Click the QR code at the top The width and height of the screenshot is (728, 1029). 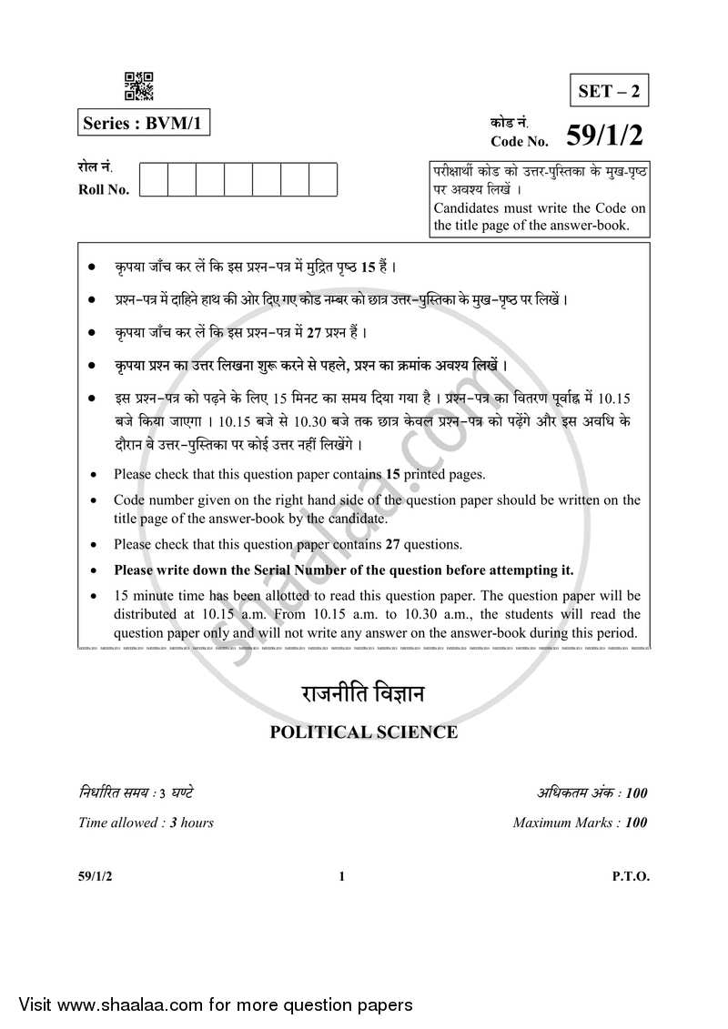(139, 86)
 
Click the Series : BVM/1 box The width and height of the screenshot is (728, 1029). (145, 122)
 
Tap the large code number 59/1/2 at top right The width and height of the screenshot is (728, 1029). (604, 136)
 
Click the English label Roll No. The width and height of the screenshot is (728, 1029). (104, 189)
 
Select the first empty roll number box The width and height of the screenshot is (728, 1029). (154, 179)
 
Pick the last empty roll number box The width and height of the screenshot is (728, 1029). (323, 179)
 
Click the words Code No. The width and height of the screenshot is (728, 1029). (520, 141)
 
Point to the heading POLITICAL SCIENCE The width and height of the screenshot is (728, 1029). (363, 731)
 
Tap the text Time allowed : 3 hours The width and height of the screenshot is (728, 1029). (146, 822)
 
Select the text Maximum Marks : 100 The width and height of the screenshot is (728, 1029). (580, 822)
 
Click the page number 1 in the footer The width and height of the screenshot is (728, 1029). (341, 877)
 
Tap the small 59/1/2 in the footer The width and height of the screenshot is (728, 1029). (95, 877)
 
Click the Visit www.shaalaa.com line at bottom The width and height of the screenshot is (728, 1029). (207, 1004)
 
